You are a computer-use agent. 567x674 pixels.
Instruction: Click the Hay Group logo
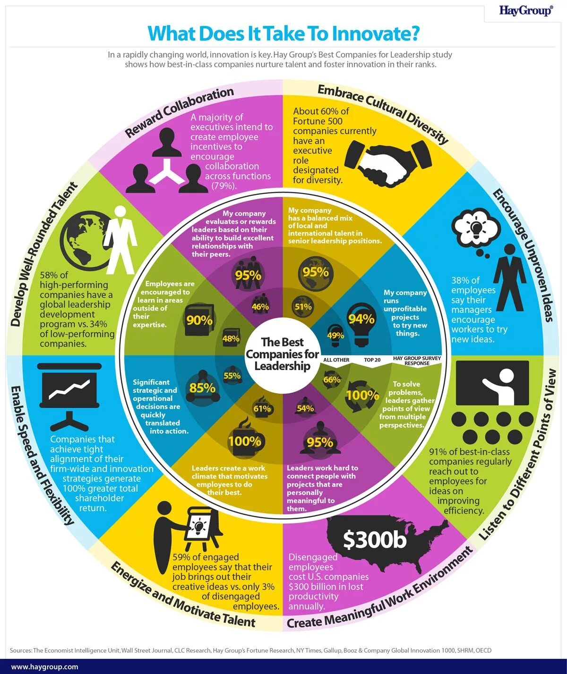pos(525,10)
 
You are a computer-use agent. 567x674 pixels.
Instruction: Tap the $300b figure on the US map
pos(374,539)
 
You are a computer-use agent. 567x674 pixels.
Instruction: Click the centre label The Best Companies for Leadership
pos(283,354)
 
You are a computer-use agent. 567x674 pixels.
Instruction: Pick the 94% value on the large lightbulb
pos(361,319)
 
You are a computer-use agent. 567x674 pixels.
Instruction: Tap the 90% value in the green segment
pos(199,320)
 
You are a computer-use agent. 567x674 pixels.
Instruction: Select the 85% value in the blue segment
pos(202,388)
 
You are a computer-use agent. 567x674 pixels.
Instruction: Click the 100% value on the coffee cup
pos(244,441)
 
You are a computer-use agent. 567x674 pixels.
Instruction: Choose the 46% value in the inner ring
pos(260,307)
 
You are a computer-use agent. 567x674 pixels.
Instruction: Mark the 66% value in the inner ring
pos(332,379)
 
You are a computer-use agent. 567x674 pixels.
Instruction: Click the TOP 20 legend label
pos(372,360)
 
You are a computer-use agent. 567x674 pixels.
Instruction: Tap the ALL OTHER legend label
pos(336,360)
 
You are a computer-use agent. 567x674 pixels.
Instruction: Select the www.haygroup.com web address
pos(44,667)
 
